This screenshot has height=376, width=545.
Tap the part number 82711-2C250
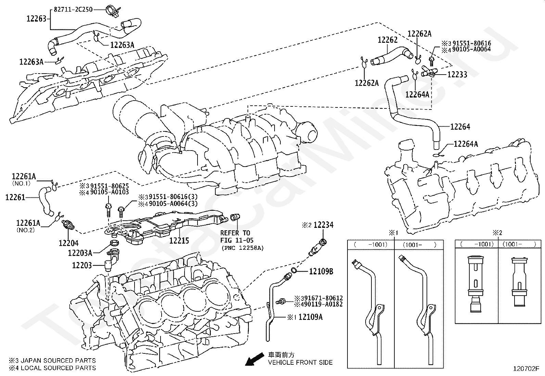point(73,10)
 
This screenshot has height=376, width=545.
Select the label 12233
point(457,75)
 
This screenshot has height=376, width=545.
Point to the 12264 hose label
point(460,127)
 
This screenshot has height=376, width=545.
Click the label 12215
point(179,241)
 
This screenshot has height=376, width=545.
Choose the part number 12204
point(68,243)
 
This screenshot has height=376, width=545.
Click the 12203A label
point(80,253)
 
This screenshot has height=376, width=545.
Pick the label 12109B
point(321,271)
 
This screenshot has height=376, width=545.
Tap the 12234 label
point(323,225)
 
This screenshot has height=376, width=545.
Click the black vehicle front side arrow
point(252,359)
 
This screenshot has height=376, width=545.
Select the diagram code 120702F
point(526,369)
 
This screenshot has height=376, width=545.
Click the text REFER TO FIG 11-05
point(235,236)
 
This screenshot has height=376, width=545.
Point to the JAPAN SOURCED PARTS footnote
point(52,360)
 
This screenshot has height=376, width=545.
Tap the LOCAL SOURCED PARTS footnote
point(52,368)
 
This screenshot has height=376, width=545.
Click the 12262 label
point(388,40)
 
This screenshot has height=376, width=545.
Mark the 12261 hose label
point(15,197)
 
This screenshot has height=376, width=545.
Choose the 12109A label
point(310,317)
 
